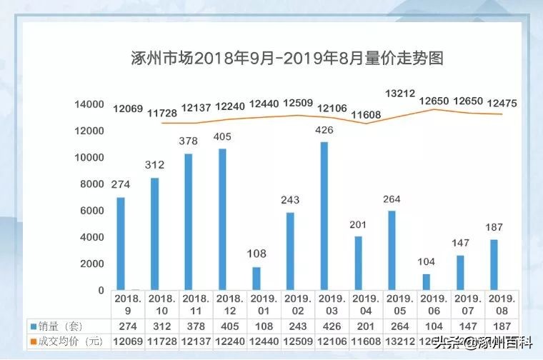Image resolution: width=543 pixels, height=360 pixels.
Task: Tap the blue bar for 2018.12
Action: (x=222, y=219)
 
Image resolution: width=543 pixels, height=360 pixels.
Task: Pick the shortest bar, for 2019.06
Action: (x=427, y=282)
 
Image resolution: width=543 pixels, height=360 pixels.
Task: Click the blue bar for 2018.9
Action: (x=121, y=244)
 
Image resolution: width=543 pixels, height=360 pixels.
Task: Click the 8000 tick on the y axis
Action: (x=92, y=184)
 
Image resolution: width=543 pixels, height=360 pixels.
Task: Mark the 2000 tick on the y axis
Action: (x=92, y=264)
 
